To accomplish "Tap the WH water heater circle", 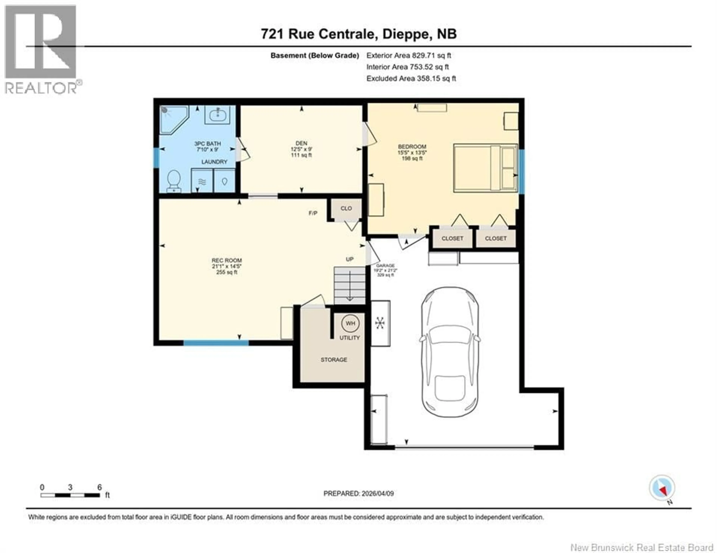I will [350, 323].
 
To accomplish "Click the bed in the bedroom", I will [485, 168].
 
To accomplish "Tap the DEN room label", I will [301, 143].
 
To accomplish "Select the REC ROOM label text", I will [226, 260].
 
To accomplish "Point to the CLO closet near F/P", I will [346, 209].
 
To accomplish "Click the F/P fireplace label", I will [313, 213].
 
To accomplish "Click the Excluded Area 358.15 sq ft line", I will [411, 78].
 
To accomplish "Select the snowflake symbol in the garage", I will [380, 323].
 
